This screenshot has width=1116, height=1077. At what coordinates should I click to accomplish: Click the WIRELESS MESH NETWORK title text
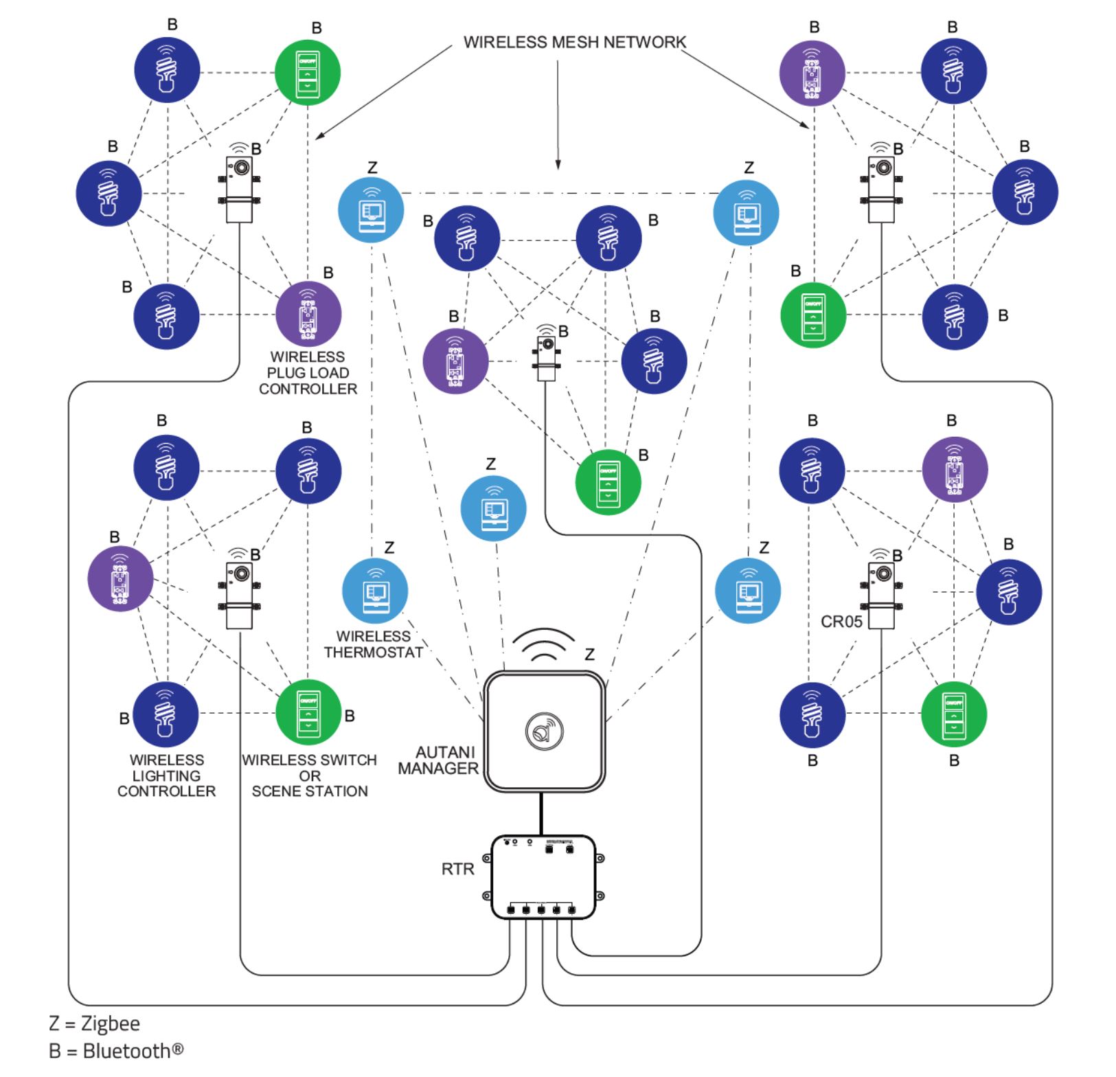point(574,43)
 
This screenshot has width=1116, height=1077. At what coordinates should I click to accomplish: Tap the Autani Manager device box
point(544,731)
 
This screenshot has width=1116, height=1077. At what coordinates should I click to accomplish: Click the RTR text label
point(457,870)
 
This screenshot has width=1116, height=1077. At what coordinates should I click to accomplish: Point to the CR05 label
point(841,622)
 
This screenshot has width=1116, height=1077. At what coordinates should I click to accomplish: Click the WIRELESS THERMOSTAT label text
point(374,644)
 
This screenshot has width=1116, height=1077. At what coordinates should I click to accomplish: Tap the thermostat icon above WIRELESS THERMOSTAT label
point(375,591)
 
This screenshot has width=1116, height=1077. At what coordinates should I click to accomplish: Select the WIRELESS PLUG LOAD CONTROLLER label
point(308,373)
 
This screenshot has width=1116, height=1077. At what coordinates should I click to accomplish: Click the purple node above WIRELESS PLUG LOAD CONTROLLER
point(308,315)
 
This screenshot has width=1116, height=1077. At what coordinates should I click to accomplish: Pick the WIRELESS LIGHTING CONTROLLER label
point(166,775)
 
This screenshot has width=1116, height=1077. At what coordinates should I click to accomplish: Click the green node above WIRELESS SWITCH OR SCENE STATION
point(308,712)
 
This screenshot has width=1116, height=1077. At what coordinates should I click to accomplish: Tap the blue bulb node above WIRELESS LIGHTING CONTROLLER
point(166,714)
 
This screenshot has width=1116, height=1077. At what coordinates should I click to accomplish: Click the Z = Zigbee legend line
point(94,1023)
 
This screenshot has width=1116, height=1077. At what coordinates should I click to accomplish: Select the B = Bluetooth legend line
point(115,1051)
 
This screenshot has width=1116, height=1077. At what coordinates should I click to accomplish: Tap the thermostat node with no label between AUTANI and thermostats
point(493,509)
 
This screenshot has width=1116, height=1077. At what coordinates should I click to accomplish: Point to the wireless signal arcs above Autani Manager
point(544,644)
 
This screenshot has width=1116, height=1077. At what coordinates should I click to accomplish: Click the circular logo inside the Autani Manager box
point(544,731)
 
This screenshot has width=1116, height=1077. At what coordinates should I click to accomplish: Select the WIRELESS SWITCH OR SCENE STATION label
point(309,775)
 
